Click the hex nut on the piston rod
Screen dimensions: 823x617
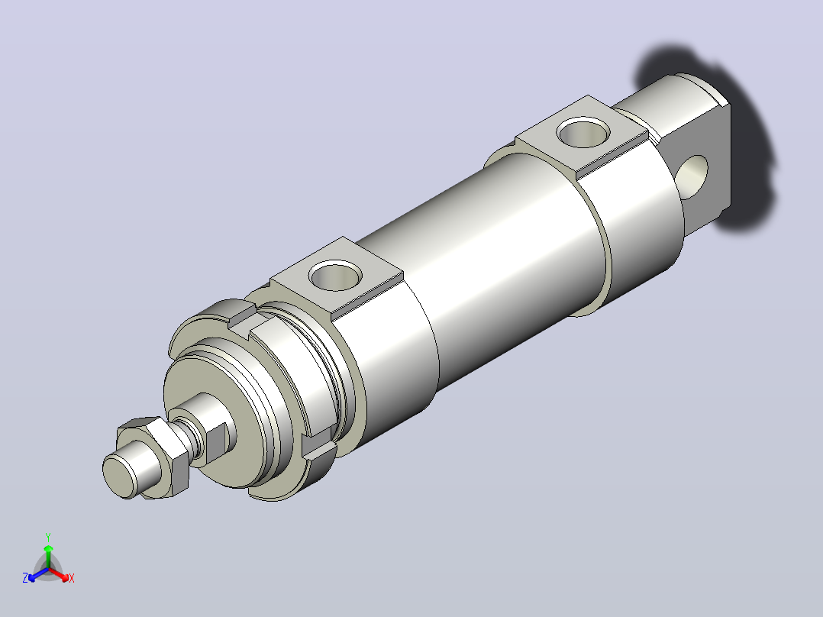157,456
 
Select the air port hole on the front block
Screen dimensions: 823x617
336,276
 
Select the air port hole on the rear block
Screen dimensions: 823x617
583,132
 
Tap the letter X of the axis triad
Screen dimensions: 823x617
72,578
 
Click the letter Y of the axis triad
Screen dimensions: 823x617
48,538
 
